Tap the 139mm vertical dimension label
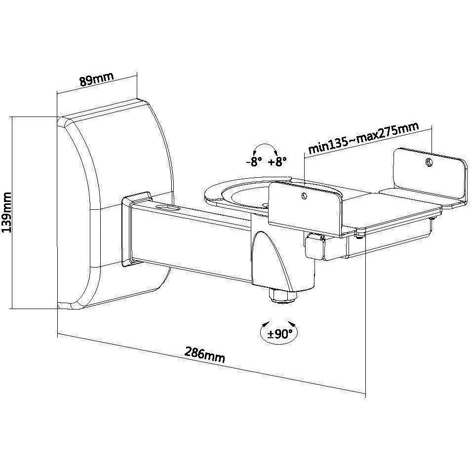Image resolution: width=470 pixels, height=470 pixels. pyautogui.click(x=6, y=212)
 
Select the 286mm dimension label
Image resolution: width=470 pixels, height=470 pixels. pyautogui.click(x=204, y=354)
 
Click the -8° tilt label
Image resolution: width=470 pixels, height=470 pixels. pyautogui.click(x=254, y=162)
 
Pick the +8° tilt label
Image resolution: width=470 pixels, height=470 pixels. pyautogui.click(x=277, y=162)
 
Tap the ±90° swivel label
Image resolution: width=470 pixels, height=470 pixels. pyautogui.click(x=279, y=333)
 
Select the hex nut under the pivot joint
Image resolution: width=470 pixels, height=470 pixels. pyautogui.click(x=283, y=296)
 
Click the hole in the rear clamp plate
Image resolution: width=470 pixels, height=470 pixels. pyautogui.click(x=429, y=162)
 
